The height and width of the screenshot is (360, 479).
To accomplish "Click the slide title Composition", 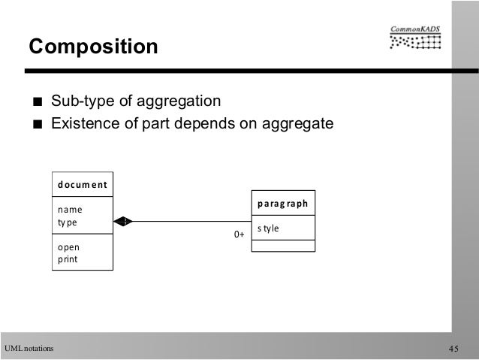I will coord(93,47).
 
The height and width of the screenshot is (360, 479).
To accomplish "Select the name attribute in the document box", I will coord(70,210).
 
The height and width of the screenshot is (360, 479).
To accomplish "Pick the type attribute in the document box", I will coord(68,222).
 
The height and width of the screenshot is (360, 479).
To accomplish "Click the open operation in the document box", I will coord(68,247).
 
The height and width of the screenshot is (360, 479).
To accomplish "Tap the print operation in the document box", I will coord(68,259).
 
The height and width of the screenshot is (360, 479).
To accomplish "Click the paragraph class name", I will coord(282,202).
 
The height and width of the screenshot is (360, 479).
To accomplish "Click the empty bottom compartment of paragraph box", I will coord(283,246).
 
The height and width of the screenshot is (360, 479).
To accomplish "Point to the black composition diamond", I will coord(124,221).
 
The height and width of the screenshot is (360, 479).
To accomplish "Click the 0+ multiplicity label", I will coord(239,235).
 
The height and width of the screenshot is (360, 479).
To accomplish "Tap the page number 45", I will coord(453,348).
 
